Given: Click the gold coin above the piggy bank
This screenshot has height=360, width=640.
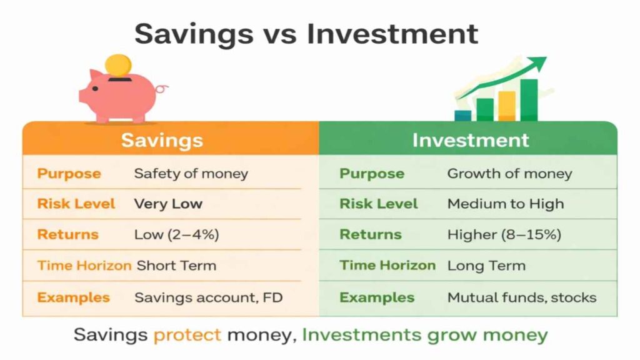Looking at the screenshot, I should [118, 66].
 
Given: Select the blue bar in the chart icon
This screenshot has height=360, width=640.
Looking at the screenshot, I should [463, 115].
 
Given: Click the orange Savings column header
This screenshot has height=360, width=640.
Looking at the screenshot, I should [162, 139].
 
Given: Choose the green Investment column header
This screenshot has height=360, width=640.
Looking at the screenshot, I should [470, 139].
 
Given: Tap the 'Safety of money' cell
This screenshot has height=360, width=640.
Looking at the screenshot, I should [191, 174].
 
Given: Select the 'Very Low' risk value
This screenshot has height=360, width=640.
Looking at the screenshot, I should [168, 204].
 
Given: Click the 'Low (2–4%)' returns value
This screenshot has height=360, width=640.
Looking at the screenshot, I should [176, 235].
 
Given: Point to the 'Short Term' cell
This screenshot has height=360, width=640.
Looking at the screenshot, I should [176, 266].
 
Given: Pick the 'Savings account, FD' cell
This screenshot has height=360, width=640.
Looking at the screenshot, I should [204, 297].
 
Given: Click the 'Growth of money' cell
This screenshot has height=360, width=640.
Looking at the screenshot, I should [509, 174].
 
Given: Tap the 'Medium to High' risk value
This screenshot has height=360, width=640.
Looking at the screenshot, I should [506, 204].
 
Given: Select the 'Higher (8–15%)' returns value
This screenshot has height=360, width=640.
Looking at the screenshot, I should [504, 235].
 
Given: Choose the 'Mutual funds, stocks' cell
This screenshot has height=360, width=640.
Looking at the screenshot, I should [522, 297].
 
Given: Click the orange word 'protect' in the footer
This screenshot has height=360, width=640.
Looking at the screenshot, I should [187, 334].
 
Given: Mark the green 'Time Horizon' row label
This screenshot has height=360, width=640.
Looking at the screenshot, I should [387, 265].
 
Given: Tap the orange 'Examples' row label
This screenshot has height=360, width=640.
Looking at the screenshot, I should [73, 297].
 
